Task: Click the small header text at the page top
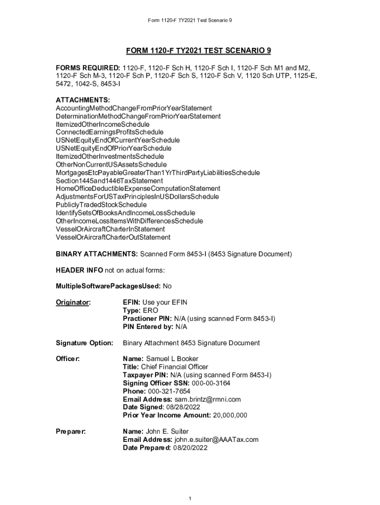tap(190, 20)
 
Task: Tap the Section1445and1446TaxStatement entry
tap(109, 180)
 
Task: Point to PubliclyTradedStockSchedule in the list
tap(101, 205)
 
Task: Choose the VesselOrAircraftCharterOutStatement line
tap(113, 237)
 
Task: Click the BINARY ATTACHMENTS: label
tap(97, 254)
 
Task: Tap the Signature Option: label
tap(84, 343)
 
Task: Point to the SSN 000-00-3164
tap(211, 383)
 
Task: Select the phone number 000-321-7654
tap(166, 391)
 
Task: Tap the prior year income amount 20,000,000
tap(230, 415)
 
